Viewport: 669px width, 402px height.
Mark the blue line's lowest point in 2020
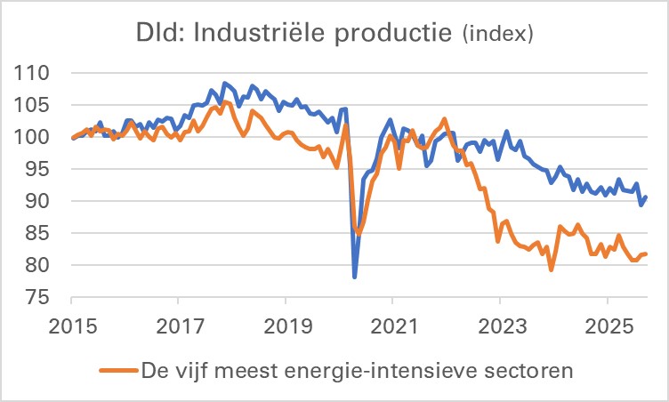355,277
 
